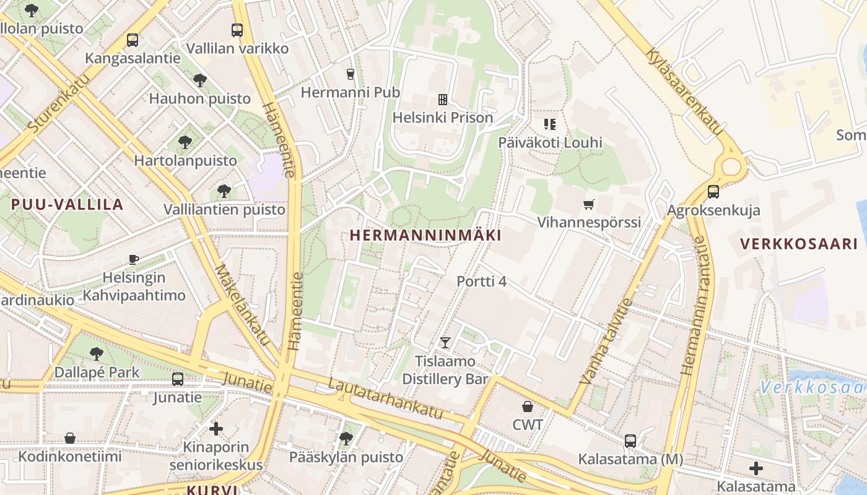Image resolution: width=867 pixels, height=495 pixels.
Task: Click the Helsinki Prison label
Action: (443, 118)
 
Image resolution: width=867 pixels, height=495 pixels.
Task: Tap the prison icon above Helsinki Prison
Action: (443, 99)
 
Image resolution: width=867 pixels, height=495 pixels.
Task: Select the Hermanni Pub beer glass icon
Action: (351, 74)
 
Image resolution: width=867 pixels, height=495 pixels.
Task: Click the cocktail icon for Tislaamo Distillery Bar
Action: (445, 342)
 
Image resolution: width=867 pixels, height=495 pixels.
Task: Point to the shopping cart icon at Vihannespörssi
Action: (589, 204)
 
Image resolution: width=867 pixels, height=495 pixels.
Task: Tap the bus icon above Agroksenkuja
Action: (713, 192)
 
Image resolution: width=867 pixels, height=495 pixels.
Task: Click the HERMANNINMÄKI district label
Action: (425, 236)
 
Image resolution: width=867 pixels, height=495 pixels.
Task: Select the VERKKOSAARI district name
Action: (799, 244)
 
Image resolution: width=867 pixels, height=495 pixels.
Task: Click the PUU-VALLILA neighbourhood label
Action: (68, 205)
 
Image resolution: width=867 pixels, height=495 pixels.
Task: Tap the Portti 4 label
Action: (481, 282)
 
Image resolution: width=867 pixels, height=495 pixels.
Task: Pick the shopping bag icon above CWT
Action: (528, 407)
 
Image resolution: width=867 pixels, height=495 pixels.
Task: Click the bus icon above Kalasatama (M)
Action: (630, 441)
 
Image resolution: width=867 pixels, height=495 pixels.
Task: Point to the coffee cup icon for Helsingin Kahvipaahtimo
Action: (134, 259)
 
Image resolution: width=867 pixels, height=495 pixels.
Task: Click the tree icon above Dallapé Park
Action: (96, 354)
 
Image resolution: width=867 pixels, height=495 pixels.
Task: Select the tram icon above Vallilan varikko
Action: (237, 30)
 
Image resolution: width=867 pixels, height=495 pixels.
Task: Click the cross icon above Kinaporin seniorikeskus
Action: (216, 428)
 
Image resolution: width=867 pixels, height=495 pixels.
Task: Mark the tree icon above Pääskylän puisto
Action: (346, 439)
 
